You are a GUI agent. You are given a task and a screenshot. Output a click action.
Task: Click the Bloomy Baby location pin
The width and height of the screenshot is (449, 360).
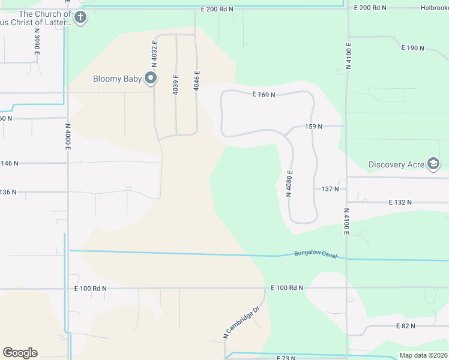tap(151, 79)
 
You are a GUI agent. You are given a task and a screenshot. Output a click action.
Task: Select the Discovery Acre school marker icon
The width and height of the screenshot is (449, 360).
tap(433, 164)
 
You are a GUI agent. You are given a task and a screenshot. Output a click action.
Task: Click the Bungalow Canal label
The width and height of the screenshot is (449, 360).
tap(312, 254)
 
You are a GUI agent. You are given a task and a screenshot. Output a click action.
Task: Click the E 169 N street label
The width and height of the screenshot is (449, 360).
tap(264, 95)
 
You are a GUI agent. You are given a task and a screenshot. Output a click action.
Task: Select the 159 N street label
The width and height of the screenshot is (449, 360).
tap(313, 127)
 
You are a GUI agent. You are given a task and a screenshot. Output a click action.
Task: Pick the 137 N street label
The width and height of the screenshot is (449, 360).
tap(330, 189)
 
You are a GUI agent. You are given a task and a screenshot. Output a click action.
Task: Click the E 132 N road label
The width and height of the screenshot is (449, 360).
tap(400, 203)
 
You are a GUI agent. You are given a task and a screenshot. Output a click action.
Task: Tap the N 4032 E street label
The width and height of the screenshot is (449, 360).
tap(154, 53)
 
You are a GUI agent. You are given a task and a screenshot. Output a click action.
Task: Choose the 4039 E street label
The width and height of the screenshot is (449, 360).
tap(176, 84)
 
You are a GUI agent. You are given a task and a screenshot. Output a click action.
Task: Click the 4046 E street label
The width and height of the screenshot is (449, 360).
tap(196, 80)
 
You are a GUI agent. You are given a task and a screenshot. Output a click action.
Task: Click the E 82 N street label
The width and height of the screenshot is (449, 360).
tap(406, 325)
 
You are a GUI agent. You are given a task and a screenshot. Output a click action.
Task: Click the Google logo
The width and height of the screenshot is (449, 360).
tap(20, 352)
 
